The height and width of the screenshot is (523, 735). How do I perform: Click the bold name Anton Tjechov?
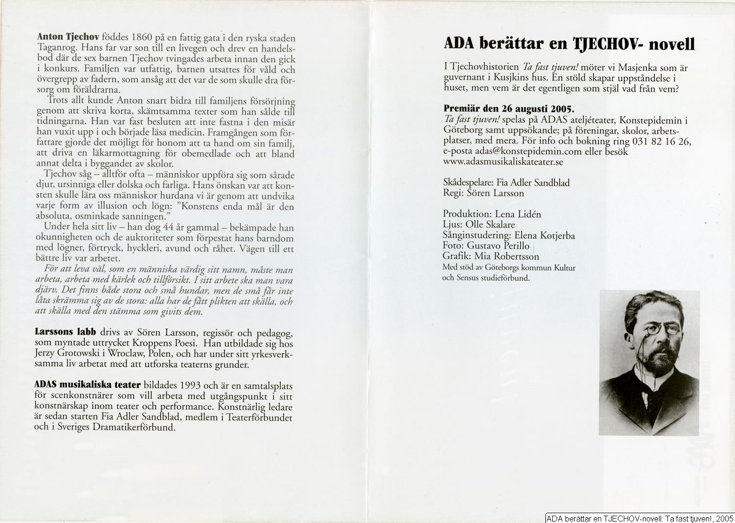[68, 37]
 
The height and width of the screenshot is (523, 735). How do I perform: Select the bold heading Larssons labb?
[65, 332]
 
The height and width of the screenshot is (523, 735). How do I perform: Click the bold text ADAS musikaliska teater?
[88, 385]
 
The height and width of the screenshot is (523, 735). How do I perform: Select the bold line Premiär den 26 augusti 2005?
[509, 109]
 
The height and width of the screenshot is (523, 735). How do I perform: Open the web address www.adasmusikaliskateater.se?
[503, 162]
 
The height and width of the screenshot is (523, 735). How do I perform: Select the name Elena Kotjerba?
[544, 236]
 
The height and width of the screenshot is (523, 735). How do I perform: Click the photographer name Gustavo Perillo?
[498, 246]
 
